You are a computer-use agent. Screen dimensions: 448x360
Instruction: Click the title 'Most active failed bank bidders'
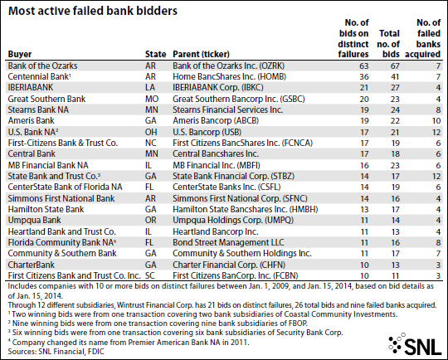[93, 11]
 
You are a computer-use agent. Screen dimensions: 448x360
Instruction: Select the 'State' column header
[155, 54]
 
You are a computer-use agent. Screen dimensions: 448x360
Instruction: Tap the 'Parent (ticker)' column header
[201, 54]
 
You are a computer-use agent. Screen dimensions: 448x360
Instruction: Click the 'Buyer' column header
[20, 54]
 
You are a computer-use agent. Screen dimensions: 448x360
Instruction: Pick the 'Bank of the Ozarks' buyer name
[42, 66]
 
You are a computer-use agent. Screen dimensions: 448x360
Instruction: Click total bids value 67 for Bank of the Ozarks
[395, 66]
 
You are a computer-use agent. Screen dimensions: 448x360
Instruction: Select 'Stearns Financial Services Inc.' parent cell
[227, 109]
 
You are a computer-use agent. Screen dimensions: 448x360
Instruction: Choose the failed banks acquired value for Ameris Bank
[436, 121]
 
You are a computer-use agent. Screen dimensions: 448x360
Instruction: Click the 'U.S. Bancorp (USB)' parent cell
[207, 132]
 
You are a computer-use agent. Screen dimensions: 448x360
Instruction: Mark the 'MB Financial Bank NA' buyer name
[48, 165]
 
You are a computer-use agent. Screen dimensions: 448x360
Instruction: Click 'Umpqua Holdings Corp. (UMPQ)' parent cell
[233, 221]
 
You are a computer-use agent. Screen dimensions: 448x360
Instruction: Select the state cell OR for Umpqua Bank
[151, 221]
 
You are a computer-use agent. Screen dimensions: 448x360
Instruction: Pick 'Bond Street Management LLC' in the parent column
[228, 242]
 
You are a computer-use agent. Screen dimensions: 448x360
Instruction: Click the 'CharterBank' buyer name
[32, 265]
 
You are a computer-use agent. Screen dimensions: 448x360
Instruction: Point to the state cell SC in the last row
[150, 275]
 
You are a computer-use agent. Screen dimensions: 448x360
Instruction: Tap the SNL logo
[416, 343]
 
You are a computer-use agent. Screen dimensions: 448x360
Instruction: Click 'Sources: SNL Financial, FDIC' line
[56, 352]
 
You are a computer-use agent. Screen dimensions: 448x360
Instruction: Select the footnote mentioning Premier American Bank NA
[129, 342]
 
